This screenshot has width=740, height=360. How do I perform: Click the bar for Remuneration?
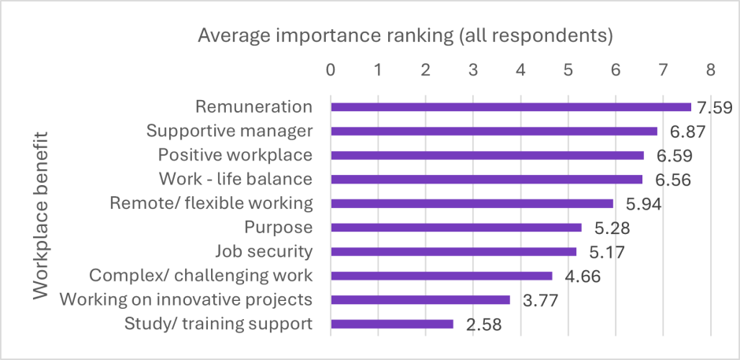[510, 107]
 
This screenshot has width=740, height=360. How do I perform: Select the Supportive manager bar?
[494, 132]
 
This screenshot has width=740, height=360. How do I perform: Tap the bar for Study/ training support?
[392, 324]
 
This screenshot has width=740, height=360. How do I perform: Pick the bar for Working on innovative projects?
[420, 299]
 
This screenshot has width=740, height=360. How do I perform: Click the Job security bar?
[453, 252]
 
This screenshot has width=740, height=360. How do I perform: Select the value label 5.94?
[642, 204]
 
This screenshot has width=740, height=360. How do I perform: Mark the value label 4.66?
[582, 276]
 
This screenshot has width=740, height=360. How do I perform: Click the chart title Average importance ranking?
[405, 36]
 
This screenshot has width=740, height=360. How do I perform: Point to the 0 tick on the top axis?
[331, 69]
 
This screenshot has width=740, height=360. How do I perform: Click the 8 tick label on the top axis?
[710, 69]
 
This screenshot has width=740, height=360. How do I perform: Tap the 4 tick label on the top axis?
[520, 69]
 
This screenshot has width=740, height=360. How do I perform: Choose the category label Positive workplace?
[235, 154]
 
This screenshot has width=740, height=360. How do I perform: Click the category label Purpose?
[279, 228]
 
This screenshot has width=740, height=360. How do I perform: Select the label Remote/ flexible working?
[211, 203]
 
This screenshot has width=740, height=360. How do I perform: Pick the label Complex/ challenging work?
[201, 276]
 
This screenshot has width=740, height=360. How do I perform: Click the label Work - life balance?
[235, 179]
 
